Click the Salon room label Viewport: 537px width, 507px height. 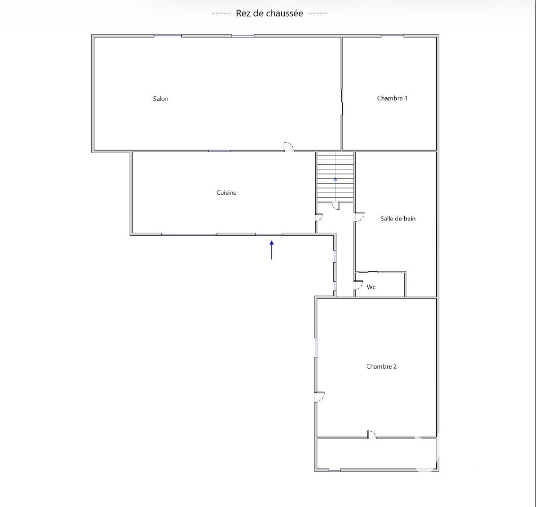tap(161, 99)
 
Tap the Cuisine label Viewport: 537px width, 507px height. tap(226, 193)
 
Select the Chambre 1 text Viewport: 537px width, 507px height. tap(392, 98)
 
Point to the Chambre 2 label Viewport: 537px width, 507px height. tap(381, 367)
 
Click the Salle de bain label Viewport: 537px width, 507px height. tap(398, 219)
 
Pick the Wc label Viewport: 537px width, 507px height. tap(371, 287)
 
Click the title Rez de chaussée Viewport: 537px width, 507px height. tap(270, 13)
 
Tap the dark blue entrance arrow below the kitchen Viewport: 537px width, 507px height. tap(272, 250)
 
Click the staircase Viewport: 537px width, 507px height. tap(335, 177)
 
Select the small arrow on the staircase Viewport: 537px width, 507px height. tap(335, 179)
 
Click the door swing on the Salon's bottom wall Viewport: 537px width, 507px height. tap(289, 147)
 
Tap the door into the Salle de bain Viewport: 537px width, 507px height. tap(359, 217)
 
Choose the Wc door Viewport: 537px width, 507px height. tap(359, 285)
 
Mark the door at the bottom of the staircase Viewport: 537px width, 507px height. tap(335, 206)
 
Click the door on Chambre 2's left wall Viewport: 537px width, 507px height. tap(320, 396)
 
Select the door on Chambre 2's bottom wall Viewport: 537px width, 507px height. tap(371, 434)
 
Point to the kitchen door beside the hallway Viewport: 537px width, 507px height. tap(319, 218)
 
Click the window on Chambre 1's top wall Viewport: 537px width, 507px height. tap(393, 35)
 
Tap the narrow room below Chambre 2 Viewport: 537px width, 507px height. tap(376, 454)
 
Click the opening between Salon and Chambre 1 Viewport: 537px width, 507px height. tap(342, 101)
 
